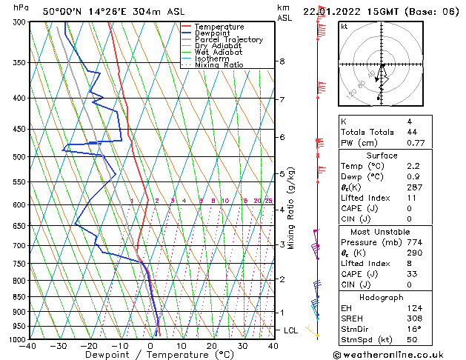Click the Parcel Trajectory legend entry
pos(228,39)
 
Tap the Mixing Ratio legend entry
pos(219,65)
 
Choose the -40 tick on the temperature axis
pos(29,346)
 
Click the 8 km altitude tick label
pos(282,61)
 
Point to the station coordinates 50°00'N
pos(61,11)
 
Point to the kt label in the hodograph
pos(344,26)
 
